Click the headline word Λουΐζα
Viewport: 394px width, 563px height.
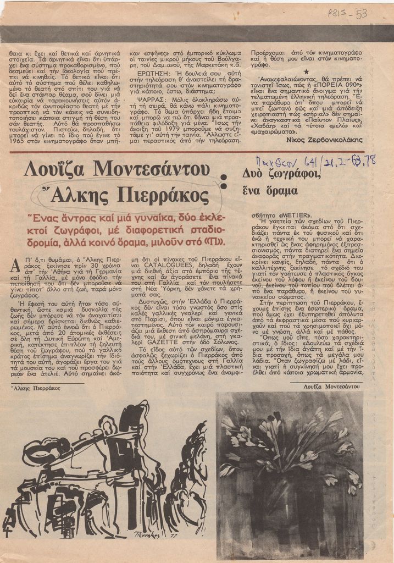click(56, 169)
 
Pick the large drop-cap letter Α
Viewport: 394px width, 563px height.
click(15, 266)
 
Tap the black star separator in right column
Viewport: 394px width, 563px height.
click(306, 71)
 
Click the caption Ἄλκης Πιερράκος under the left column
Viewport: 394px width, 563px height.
click(36, 388)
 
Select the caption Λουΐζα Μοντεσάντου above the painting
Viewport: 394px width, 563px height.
click(332, 387)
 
